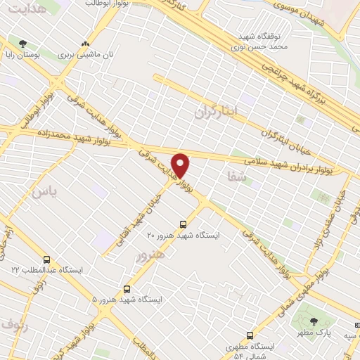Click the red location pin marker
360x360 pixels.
pos(181,165)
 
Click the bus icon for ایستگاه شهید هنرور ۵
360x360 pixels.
pos(127,288)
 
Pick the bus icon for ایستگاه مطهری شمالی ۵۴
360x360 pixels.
pos(249,335)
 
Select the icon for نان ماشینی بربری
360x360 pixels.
pos(86,43)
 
